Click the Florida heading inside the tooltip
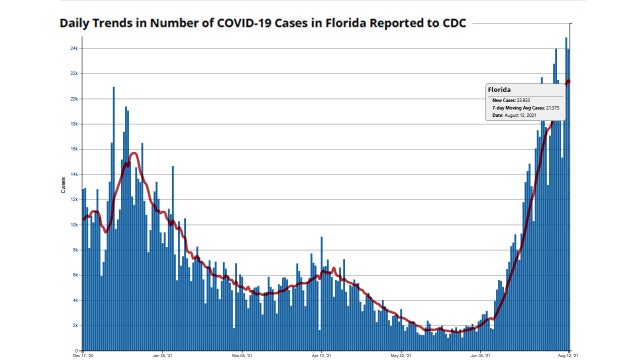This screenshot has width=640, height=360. point(499,90)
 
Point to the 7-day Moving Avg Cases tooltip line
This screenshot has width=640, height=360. point(525,108)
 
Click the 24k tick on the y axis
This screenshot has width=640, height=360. point(73,48)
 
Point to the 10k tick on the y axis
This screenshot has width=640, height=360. point(73,225)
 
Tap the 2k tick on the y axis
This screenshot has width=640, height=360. point(74,326)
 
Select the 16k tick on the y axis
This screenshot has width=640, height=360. point(73,149)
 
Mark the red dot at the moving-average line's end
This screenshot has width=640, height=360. point(568,82)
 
